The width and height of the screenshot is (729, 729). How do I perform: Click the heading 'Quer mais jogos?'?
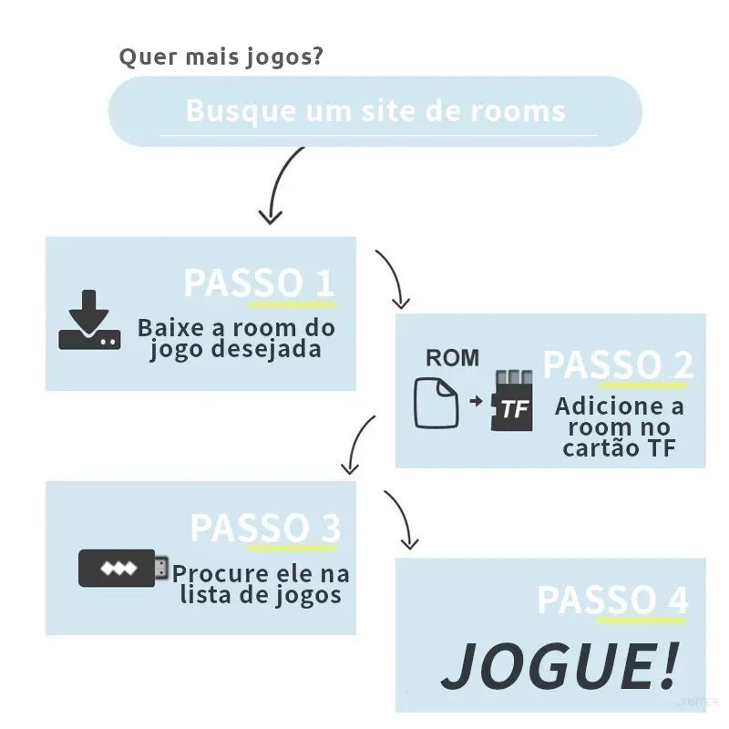tap(221, 57)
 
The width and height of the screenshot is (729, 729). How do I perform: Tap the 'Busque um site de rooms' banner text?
tap(375, 111)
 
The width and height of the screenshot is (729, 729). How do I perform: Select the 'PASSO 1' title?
tap(260, 282)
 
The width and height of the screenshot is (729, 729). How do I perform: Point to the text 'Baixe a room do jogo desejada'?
tap(236, 338)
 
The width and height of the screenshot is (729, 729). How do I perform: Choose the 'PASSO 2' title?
tap(618, 364)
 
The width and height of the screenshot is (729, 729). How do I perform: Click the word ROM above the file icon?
tap(452, 358)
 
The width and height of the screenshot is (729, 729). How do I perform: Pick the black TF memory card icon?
tap(511, 401)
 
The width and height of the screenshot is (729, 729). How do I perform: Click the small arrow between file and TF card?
tap(474, 401)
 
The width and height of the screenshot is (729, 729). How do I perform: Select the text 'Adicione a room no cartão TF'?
tap(619, 426)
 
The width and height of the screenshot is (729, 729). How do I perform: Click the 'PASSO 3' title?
tap(265, 528)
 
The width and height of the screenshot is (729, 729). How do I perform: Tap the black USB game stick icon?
tap(122, 569)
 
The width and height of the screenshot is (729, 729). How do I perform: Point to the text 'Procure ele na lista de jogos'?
tap(261, 584)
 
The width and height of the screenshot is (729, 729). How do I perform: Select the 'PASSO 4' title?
tap(612, 601)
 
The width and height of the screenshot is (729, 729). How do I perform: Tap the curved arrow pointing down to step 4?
tap(402, 519)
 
